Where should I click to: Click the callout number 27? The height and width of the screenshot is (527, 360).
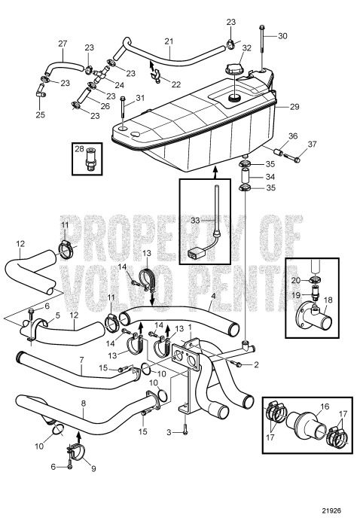click(x=63, y=44)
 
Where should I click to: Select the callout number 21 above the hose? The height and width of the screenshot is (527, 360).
click(x=169, y=41)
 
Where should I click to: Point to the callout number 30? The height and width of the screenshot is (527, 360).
click(x=283, y=35)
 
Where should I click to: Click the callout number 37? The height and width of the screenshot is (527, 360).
click(x=312, y=145)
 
